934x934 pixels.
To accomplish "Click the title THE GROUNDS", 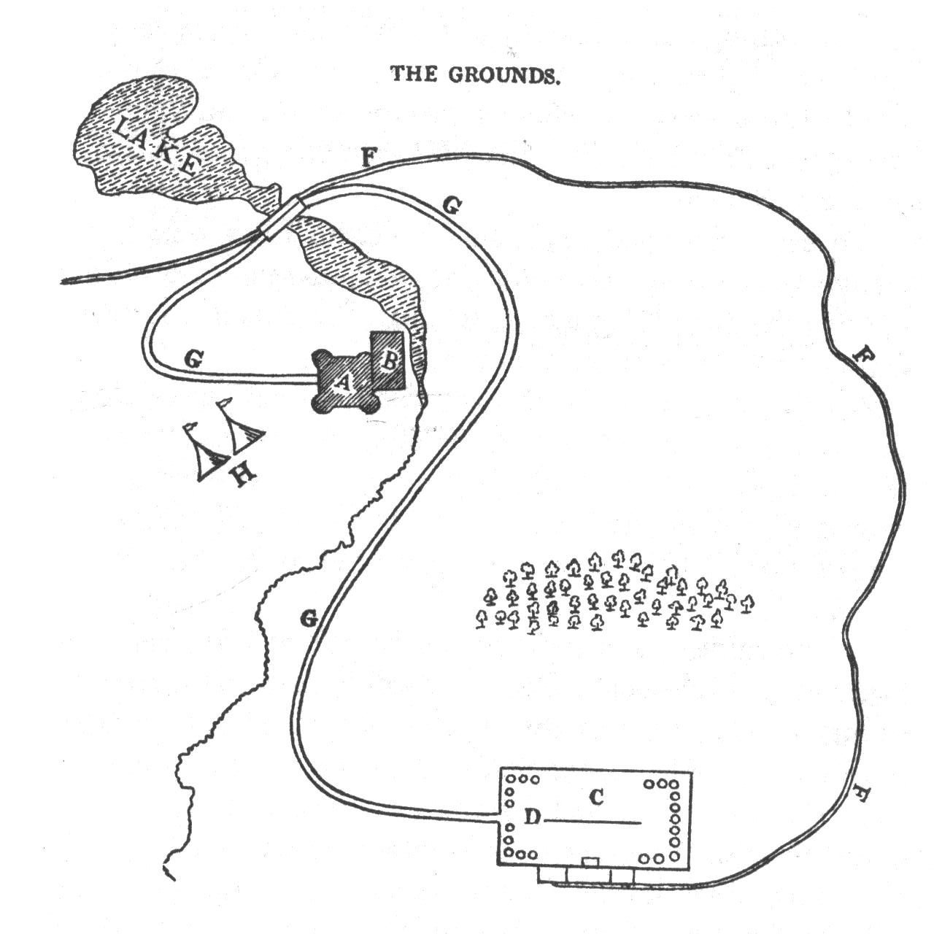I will tap(475, 74).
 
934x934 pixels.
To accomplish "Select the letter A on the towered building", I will tap(342, 382).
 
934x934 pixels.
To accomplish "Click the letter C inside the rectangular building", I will tap(596, 798).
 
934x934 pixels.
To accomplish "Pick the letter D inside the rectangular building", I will tap(533, 819).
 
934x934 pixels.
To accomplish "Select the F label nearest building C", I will tap(860, 793).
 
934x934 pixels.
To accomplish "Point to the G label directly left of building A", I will tap(193, 358).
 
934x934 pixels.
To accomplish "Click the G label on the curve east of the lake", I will tap(452, 207).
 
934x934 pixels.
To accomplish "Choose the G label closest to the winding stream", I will tap(309, 620).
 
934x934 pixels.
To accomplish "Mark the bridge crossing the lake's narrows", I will tap(282, 217).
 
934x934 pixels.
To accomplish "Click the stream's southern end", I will tap(171, 873).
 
